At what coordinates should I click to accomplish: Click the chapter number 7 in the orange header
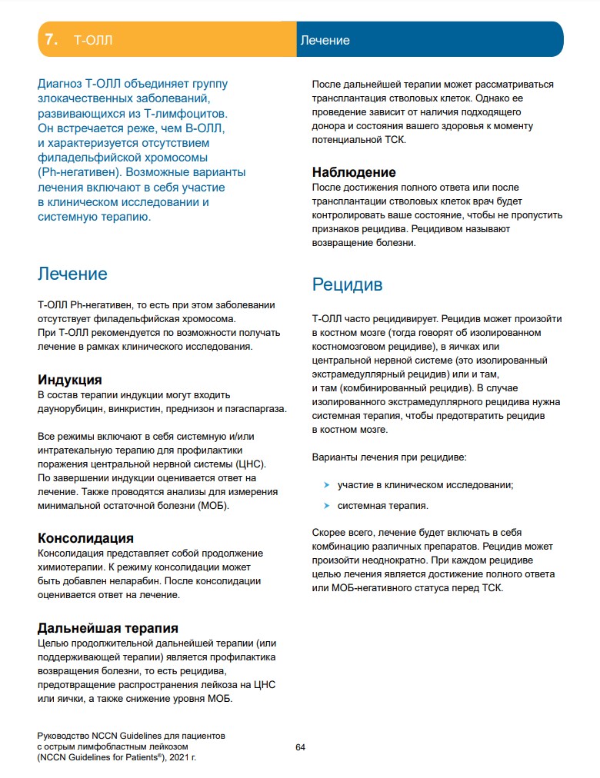(x=51, y=40)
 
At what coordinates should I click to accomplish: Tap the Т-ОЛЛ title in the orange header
(x=92, y=40)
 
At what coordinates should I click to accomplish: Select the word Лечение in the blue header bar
(x=325, y=40)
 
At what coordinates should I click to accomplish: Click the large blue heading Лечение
(x=72, y=274)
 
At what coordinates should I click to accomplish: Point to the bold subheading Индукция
(x=70, y=380)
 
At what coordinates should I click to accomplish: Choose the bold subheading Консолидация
(x=85, y=538)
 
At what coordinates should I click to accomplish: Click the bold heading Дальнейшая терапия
(x=108, y=628)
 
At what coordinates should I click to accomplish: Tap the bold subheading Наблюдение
(x=354, y=172)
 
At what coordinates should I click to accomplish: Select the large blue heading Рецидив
(x=347, y=284)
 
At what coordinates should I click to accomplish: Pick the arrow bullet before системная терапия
(x=327, y=506)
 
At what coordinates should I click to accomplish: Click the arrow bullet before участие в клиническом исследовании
(x=327, y=485)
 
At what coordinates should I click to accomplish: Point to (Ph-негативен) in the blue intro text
(x=78, y=173)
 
